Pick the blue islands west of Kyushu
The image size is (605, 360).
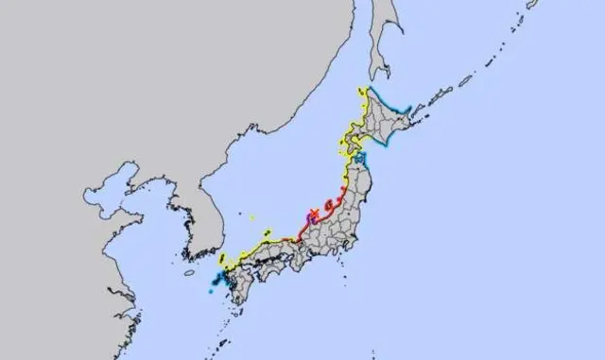click(x=217, y=281)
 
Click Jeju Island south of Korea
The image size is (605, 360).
click(x=190, y=273)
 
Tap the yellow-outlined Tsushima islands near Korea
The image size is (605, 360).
click(x=221, y=258)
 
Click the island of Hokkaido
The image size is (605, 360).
click(x=388, y=123)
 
